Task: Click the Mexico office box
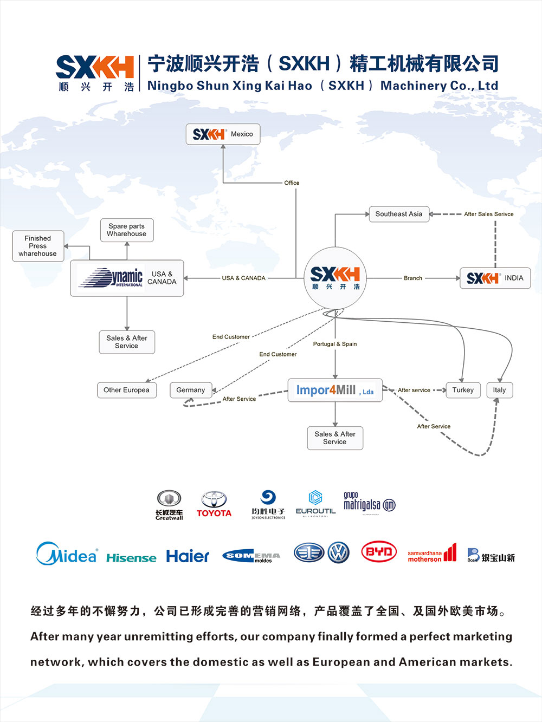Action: pos(223,134)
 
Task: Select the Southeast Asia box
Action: pos(399,214)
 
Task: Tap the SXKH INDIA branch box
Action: pos(495,278)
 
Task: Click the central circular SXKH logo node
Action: pos(335,278)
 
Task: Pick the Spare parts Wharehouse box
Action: pos(127,230)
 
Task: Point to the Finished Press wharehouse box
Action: pos(38,246)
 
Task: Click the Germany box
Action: pos(191,390)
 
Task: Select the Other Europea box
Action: pos(126,390)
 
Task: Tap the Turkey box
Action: pos(463,390)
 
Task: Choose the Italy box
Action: pos(499,390)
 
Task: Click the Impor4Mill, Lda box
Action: pos(335,390)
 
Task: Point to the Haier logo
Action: pos(188,556)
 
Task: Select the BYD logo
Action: pos(379,552)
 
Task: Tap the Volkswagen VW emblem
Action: pos(339,552)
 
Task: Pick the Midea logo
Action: pos(67,554)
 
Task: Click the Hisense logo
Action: pos(131,558)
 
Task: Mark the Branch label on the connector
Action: pos(413,278)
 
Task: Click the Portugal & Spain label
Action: pos(335,344)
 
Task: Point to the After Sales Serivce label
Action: pos(488,214)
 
